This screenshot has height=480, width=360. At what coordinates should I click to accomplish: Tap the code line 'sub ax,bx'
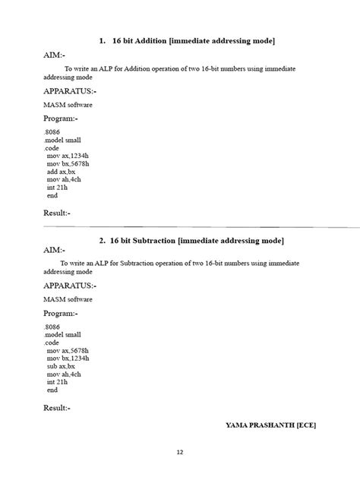(x=61, y=366)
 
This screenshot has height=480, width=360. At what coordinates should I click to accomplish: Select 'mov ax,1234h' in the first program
(x=68, y=156)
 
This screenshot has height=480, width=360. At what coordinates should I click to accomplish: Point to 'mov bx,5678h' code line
(x=68, y=163)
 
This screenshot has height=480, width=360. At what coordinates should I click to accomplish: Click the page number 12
(x=180, y=453)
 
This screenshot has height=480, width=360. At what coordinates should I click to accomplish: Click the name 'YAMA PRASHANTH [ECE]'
(x=270, y=425)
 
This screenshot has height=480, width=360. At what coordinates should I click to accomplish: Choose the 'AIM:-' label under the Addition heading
(x=54, y=55)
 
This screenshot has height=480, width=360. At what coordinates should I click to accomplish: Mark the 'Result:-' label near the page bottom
(x=57, y=408)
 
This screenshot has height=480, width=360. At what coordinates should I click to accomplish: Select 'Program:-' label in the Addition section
(x=61, y=119)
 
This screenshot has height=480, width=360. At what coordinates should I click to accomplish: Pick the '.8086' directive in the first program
(x=52, y=132)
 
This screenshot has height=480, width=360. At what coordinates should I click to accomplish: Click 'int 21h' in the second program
(x=57, y=382)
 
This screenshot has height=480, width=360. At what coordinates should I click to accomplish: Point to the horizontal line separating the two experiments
(x=190, y=226)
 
